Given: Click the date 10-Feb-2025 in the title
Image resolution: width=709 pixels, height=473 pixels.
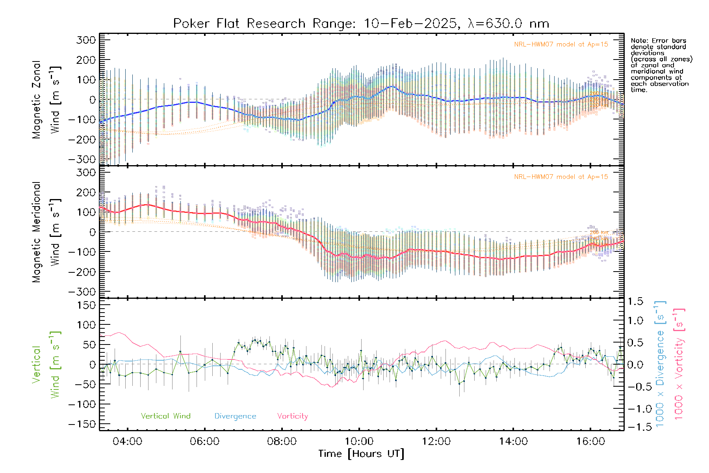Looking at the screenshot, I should (x=410, y=24).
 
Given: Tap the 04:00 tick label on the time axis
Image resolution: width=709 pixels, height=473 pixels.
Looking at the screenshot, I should (x=127, y=441).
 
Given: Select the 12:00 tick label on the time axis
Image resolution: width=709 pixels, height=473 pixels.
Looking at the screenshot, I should (x=436, y=441).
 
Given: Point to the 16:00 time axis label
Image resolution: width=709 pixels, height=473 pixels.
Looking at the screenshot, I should (x=590, y=441).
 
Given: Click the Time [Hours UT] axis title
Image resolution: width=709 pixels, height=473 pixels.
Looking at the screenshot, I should (x=361, y=454).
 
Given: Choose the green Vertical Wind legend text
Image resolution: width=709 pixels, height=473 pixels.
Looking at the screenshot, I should (x=165, y=416).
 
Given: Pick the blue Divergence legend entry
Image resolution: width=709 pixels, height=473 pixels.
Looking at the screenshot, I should (x=235, y=416).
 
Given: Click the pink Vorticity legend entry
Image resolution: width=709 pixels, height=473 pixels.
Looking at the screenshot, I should (x=292, y=416).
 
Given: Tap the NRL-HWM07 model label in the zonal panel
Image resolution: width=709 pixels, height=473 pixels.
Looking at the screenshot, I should (x=561, y=45).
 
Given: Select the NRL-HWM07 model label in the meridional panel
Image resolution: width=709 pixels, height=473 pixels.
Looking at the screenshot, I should (x=561, y=177).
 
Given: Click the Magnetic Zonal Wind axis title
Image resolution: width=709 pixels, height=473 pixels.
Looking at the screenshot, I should (x=46, y=100).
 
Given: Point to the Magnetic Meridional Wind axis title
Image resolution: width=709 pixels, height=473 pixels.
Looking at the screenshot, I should (x=46, y=232).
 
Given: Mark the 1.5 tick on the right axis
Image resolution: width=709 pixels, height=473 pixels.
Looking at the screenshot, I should (x=635, y=302).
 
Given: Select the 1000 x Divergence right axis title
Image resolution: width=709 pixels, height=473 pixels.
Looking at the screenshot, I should (x=660, y=363).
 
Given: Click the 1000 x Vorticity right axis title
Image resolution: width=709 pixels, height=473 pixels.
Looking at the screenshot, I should (x=679, y=363).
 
